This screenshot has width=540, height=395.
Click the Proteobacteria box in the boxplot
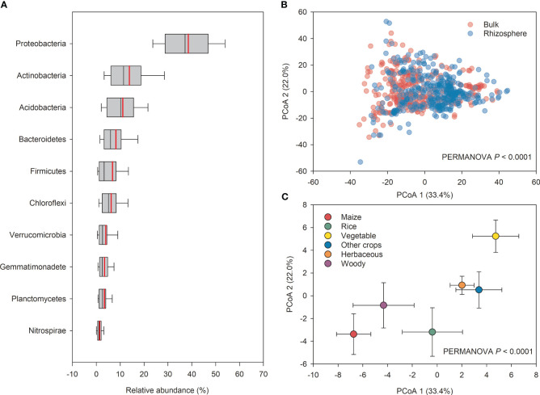pos(187,44)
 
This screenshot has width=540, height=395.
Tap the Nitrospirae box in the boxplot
pos(99,330)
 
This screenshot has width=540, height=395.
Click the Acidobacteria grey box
pos(120,107)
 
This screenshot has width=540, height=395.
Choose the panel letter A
pos(6,6)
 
